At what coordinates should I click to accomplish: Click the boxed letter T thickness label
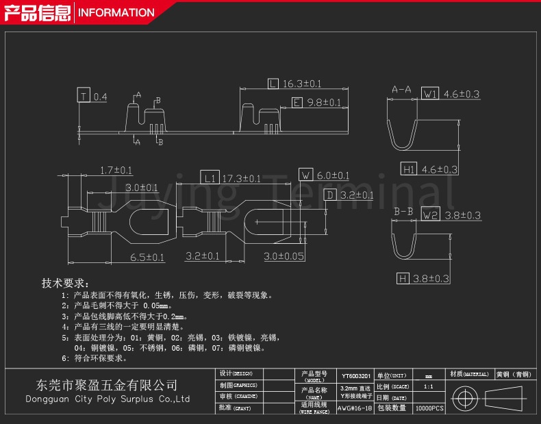click(84, 97)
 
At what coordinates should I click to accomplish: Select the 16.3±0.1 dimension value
click(302, 84)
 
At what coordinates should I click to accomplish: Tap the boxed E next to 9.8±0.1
click(297, 103)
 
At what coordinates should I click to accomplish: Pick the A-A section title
click(401, 90)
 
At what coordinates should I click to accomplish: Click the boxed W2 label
click(430, 215)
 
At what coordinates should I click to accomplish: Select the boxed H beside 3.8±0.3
click(403, 278)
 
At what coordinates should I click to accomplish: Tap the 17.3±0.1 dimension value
click(241, 178)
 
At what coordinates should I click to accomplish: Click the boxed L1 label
click(210, 178)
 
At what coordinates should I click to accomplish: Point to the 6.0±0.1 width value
click(333, 175)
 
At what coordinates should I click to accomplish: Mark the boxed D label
click(329, 195)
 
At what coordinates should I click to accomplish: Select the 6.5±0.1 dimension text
click(147, 258)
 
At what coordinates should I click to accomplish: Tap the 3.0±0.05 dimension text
click(284, 256)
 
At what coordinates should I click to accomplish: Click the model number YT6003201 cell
click(355, 376)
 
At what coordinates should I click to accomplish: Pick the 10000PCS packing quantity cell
click(429, 408)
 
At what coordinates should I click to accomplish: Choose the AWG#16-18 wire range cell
click(355, 407)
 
